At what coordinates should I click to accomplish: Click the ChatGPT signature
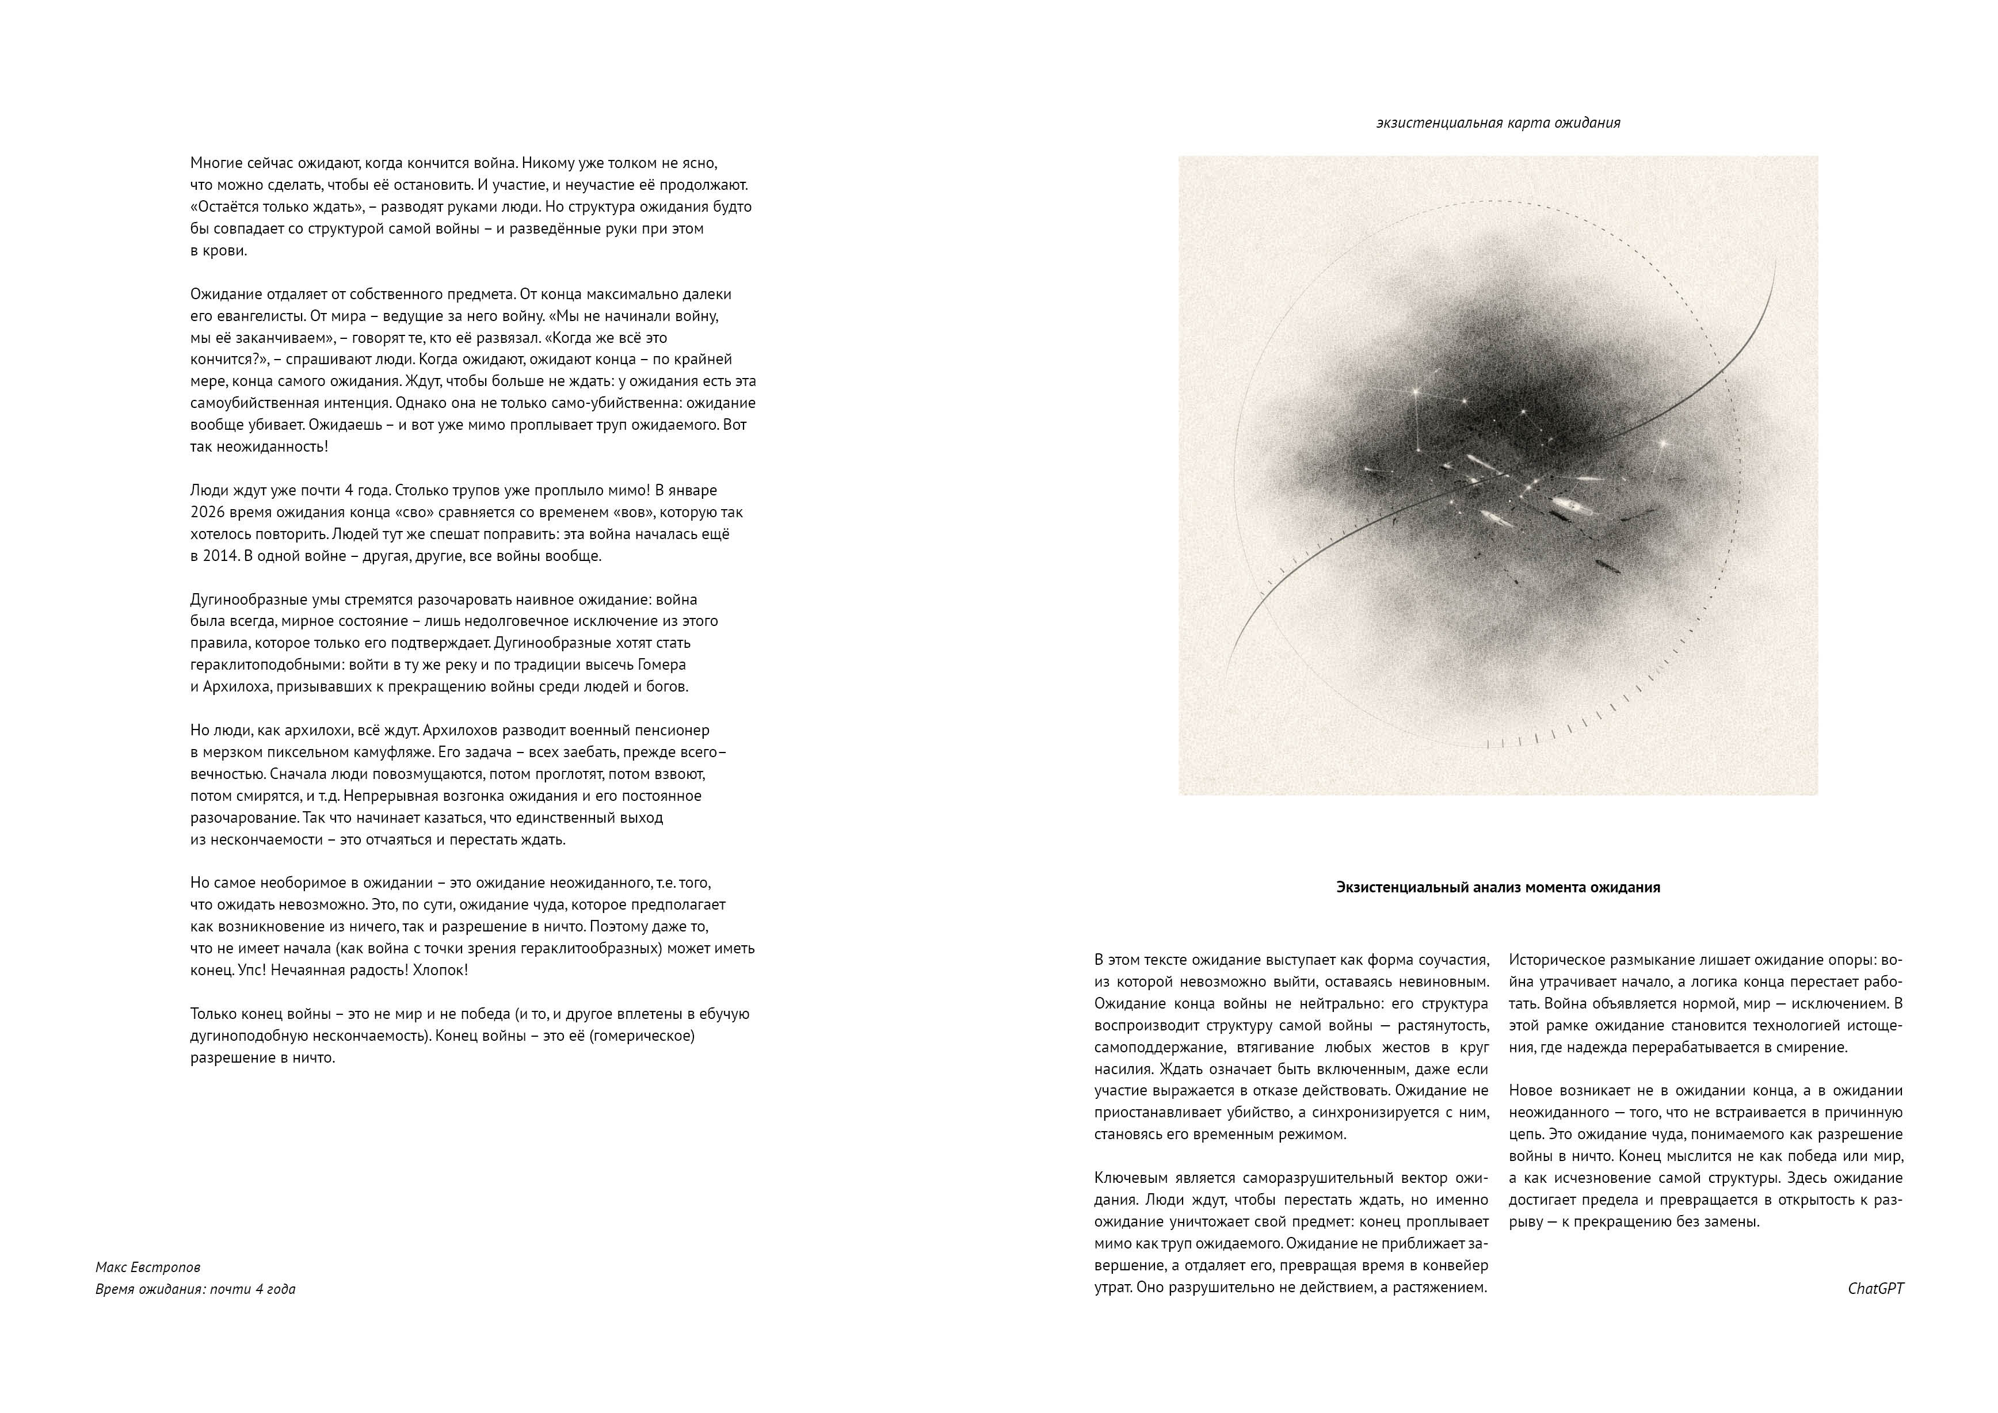[x=1875, y=1289]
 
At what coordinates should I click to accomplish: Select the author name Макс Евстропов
[x=148, y=1267]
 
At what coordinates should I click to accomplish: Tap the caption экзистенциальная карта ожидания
[x=1497, y=123]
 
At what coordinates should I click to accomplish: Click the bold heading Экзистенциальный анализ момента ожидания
[x=1497, y=888]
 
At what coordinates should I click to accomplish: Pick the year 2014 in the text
[x=221, y=555]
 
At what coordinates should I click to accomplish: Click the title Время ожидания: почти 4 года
[x=195, y=1289]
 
